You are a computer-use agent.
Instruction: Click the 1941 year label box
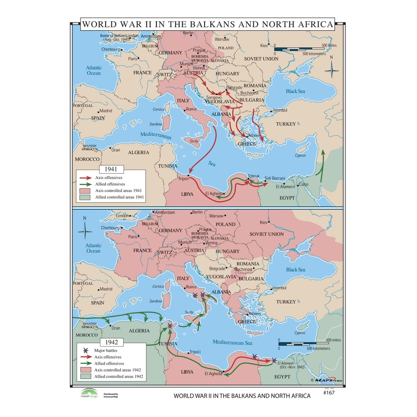(111, 169)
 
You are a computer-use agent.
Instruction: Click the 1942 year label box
(111, 342)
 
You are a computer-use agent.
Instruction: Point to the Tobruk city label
(254, 176)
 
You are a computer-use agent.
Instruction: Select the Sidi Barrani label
(274, 178)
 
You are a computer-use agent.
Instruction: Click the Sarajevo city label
(214, 98)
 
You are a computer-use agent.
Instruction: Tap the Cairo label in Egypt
(304, 184)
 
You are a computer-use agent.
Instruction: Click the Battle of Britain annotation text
(115, 37)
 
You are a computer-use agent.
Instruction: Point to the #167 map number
(329, 393)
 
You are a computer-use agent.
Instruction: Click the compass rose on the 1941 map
(331, 71)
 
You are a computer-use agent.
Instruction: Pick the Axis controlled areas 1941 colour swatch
(85, 191)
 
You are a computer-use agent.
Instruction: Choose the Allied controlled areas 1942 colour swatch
(86, 376)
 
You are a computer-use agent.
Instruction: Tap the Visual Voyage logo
(89, 394)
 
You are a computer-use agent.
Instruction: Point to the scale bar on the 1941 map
(300, 49)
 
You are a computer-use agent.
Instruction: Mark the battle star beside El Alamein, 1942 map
(274, 360)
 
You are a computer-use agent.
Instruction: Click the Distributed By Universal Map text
(111, 395)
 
